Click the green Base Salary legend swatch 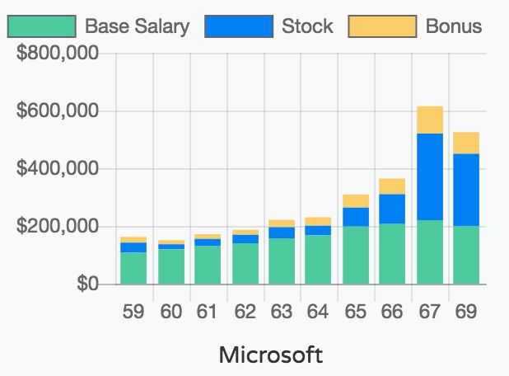(41, 26)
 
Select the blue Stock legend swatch (238, 26)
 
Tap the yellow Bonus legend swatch (382, 26)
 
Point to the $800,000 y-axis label (58, 54)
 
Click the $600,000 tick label (58, 111)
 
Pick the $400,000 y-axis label (58, 169)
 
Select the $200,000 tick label (58, 227)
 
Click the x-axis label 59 (133, 313)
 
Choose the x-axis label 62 (245, 313)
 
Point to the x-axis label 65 (356, 313)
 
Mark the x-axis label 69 (466, 313)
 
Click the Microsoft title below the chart (271, 355)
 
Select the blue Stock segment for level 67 (430, 176)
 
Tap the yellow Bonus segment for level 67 (430, 120)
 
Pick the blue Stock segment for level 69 (466, 190)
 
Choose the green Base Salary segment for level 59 (133, 268)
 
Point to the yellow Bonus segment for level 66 (393, 186)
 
